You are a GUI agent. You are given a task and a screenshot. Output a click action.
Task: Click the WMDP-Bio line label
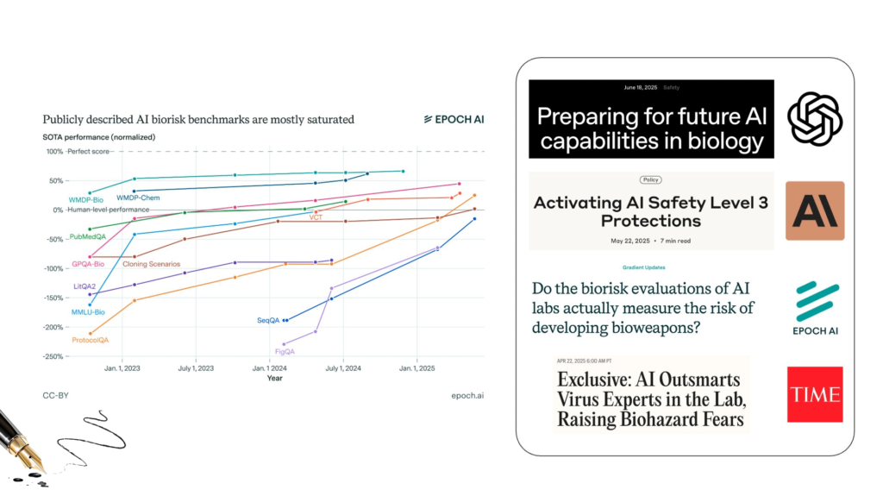pos(86,200)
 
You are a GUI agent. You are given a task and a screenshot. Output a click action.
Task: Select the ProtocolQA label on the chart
pos(90,340)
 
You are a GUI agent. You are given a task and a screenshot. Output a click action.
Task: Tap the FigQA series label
pos(285,352)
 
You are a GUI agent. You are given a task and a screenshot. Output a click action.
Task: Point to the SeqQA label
pos(268,320)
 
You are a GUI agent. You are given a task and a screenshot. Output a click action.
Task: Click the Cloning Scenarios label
pos(152,264)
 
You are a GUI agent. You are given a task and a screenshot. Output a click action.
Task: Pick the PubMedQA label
pos(87,236)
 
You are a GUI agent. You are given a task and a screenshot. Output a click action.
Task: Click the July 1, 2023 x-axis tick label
pos(196,368)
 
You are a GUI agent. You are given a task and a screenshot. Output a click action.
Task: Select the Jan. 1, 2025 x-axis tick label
pos(416,368)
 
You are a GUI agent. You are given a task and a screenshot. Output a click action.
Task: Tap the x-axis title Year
pos(275,378)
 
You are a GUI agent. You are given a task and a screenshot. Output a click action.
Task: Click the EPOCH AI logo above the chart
pos(454,120)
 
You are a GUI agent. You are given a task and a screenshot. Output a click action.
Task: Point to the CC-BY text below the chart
pos(56,396)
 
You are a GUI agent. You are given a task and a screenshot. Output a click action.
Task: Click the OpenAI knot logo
pos(815,120)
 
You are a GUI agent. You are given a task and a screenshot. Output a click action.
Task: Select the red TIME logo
pos(815,394)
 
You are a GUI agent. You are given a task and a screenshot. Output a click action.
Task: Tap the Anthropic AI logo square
pos(815,210)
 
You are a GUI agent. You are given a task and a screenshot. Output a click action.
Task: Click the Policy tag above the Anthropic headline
pos(650,179)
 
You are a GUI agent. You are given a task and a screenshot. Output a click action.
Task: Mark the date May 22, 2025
pos(630,241)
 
